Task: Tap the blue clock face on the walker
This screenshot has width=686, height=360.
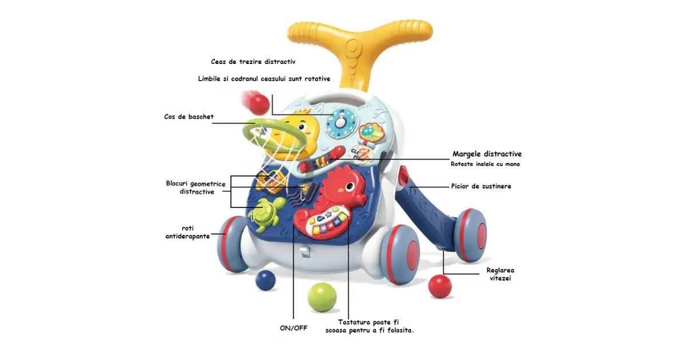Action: (x=341, y=122)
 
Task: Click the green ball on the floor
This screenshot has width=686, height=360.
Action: (x=322, y=297)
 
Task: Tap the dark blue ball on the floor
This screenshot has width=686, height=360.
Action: (x=265, y=280)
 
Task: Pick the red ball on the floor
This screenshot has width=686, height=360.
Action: (x=440, y=286)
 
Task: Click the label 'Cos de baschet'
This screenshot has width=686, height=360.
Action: (x=189, y=117)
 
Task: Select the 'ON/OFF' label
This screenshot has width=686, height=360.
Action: (x=293, y=328)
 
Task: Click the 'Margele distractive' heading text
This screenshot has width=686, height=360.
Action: (x=487, y=154)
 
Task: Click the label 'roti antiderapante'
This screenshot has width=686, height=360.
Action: (x=184, y=231)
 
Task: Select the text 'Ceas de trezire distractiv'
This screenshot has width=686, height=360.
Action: (x=253, y=61)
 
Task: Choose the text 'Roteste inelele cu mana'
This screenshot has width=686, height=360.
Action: (x=485, y=165)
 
